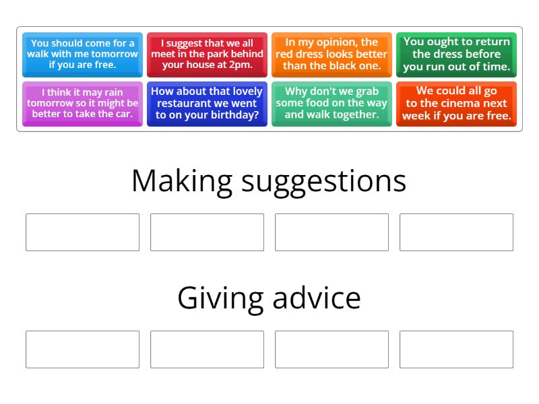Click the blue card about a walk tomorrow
pyautogui.click(x=82, y=54)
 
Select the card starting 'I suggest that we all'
pyautogui.click(x=207, y=54)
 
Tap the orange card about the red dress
pyautogui.click(x=331, y=54)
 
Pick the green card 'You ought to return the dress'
pyautogui.click(x=456, y=54)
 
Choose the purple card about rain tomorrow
pyautogui.click(x=82, y=103)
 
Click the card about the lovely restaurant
pyautogui.click(x=207, y=103)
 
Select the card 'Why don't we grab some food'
pyautogui.click(x=331, y=103)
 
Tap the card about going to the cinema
pyautogui.click(x=456, y=103)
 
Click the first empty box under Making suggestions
pyautogui.click(x=82, y=232)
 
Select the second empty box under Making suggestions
pyautogui.click(x=207, y=232)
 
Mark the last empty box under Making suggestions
pyautogui.click(x=456, y=232)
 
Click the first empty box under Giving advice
pyautogui.click(x=82, y=349)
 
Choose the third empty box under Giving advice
pyautogui.click(x=331, y=349)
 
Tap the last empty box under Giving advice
pyautogui.click(x=456, y=349)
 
